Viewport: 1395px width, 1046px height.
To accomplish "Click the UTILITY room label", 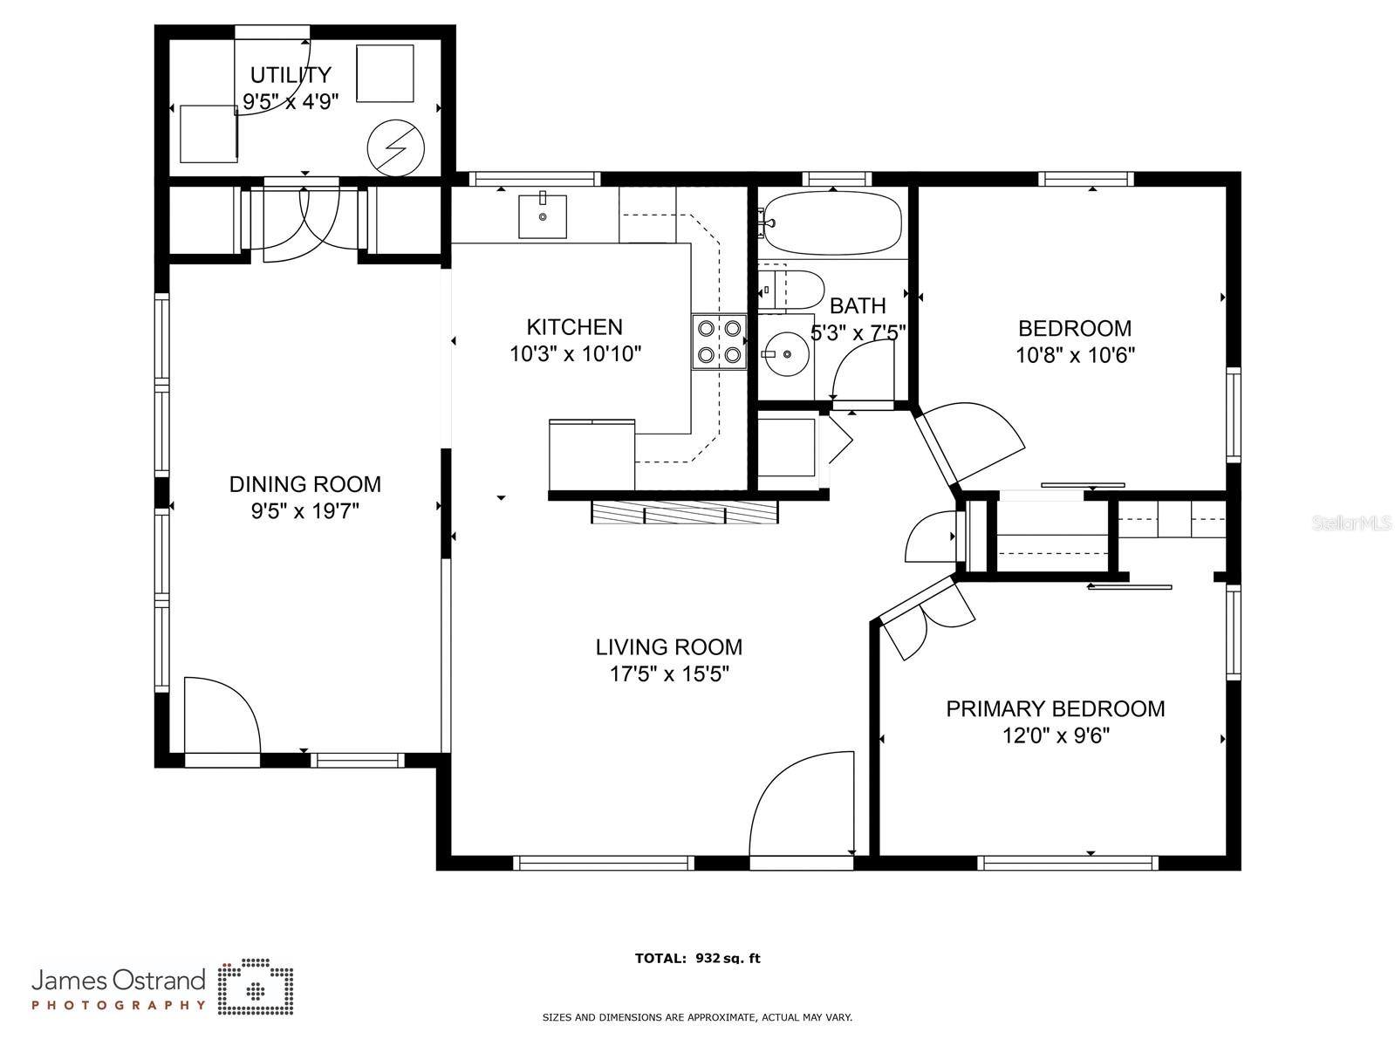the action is tap(291, 75).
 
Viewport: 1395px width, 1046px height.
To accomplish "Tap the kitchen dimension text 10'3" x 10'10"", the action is tap(575, 353).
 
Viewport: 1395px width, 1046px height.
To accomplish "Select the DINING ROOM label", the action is tap(305, 484).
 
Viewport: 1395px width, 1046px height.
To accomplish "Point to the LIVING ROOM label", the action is tap(668, 647).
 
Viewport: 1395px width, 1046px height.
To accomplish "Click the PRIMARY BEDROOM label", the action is tap(1055, 708).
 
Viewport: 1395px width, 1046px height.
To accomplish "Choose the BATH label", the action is tap(858, 305).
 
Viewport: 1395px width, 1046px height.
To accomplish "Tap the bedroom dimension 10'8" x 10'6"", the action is tap(1075, 354).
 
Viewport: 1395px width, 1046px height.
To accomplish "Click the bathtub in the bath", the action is tap(832, 222).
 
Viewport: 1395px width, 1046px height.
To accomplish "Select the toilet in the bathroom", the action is tap(792, 290).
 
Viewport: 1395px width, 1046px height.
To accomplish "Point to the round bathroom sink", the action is tap(787, 353).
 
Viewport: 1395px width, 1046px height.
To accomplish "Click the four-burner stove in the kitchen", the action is tap(719, 341).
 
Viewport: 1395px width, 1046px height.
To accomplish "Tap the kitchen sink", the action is tap(542, 216).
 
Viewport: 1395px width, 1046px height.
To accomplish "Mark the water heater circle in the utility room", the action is tap(395, 148).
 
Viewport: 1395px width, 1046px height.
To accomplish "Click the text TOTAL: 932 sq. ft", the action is tap(697, 958).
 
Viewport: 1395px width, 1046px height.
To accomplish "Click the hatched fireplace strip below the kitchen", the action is tap(685, 512).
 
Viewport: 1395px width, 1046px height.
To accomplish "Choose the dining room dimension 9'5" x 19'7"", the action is tap(305, 511).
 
